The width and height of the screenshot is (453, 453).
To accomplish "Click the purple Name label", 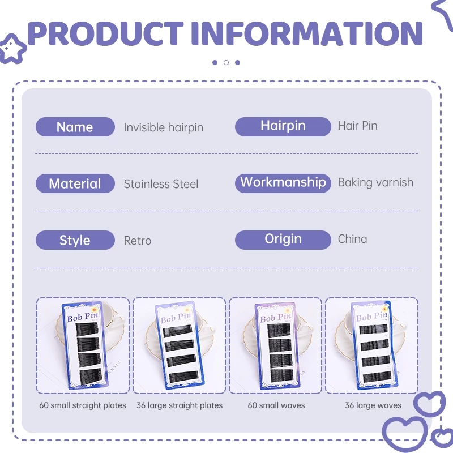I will coord(75,127).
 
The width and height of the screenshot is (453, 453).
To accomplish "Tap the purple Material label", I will coord(75,183).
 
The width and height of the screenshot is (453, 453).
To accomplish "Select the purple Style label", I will coord(75,240).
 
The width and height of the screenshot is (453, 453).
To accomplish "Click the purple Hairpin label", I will coord(283,126).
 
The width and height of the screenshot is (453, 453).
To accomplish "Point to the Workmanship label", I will coord(283,183).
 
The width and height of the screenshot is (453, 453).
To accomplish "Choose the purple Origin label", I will coord(283,240).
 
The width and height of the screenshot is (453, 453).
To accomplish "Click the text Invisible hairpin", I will coord(163,127).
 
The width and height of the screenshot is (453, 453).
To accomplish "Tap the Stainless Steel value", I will coord(161,184).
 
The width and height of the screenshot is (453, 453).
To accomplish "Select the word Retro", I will coord(138,241).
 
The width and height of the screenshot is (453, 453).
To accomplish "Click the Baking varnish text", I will coord(375,182).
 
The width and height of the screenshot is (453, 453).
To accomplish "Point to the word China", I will coord(352,239).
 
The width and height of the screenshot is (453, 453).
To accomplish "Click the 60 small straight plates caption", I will coord(83,405).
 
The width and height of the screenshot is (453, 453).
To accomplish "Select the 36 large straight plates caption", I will coord(180,405).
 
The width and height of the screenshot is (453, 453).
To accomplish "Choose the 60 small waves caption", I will coord(276,405).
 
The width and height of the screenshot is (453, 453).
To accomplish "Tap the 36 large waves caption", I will coord(373,405).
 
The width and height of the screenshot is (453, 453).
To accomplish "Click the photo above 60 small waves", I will coord(276,345).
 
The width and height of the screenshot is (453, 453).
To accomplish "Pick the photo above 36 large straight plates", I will coord(179,345).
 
